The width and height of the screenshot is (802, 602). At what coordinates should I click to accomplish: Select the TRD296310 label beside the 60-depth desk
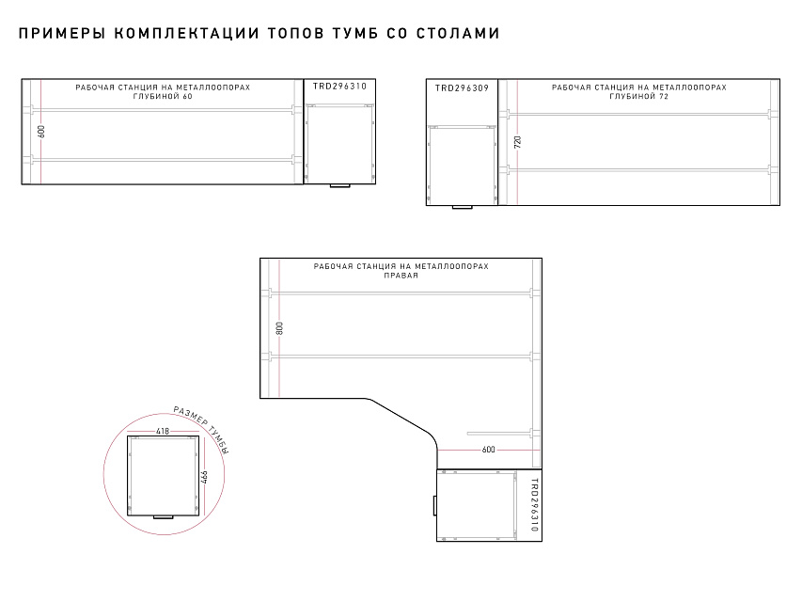tap(339, 86)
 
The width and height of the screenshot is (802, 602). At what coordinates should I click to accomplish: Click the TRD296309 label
tap(462, 88)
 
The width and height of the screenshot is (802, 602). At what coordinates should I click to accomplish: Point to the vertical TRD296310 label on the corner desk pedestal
tap(534, 505)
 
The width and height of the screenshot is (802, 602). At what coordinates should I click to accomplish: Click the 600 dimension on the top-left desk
tap(41, 132)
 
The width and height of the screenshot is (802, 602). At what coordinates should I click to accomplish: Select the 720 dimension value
tap(518, 142)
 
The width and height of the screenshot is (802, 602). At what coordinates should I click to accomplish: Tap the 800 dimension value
tap(279, 328)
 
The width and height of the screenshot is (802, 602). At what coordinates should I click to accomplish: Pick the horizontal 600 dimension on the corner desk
tap(489, 450)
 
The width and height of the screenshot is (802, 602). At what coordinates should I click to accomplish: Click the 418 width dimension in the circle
tap(162, 431)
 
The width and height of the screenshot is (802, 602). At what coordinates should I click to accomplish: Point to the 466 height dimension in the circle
tap(204, 478)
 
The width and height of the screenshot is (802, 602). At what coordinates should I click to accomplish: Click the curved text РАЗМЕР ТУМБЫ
tap(201, 428)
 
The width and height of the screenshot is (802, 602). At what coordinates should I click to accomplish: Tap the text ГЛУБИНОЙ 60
tap(163, 96)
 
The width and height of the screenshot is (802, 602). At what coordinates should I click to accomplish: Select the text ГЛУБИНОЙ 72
tap(638, 96)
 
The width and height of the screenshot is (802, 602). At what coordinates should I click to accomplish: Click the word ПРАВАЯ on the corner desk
tap(401, 276)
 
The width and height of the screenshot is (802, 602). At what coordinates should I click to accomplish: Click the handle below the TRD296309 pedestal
tap(463, 207)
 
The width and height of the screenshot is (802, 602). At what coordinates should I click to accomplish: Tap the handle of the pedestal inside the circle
tap(164, 517)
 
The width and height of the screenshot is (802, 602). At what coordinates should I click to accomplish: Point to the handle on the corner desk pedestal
tap(434, 505)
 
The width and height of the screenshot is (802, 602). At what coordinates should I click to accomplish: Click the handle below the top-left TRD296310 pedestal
tap(339, 186)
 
